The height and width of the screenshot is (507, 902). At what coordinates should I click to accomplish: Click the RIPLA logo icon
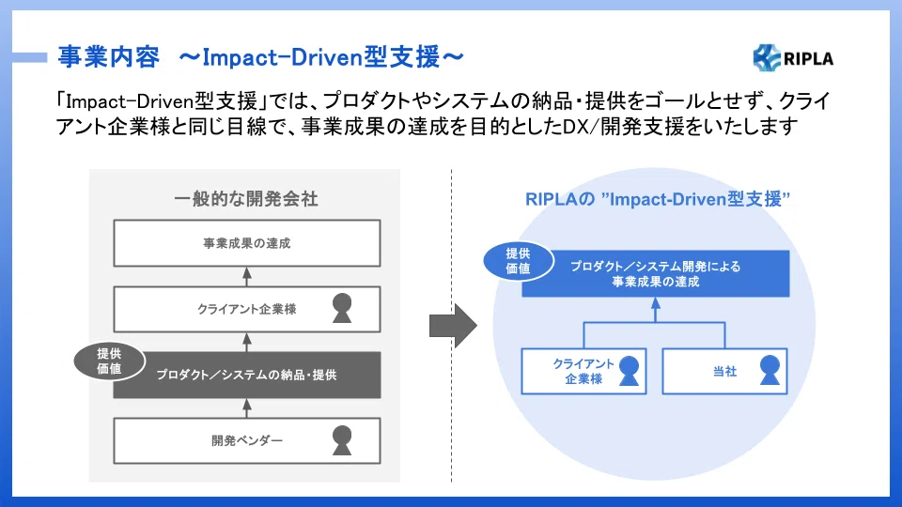point(767,57)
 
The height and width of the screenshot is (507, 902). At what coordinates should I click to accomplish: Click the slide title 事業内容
point(108,57)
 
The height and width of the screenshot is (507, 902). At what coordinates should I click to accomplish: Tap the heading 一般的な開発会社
point(245,199)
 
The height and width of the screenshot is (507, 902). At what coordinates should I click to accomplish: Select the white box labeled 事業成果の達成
point(247,243)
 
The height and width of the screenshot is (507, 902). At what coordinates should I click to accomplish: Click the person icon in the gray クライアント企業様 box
point(342,308)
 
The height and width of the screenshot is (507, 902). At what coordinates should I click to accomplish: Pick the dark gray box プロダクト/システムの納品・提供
point(247,375)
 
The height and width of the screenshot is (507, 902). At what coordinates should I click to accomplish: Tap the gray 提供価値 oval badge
point(109,361)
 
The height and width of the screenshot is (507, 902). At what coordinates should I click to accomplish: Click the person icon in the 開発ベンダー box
point(342,440)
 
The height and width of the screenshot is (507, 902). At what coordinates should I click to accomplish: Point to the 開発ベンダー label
point(247,441)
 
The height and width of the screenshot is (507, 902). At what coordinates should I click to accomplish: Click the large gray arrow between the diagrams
point(453,326)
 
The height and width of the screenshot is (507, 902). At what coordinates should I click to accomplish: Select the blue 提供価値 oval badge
point(519,261)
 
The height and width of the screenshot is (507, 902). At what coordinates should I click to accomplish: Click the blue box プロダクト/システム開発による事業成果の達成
point(655,273)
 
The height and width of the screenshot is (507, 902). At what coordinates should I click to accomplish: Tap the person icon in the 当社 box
point(770,370)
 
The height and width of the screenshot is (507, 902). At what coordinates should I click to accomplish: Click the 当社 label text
point(724,372)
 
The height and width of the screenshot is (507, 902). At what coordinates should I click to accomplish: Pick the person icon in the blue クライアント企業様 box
point(629,370)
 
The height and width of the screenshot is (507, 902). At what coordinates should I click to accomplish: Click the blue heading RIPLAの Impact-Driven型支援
point(657,199)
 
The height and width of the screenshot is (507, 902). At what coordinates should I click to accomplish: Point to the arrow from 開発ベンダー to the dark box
point(247,408)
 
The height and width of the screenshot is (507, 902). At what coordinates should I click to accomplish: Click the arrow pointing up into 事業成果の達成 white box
point(247,276)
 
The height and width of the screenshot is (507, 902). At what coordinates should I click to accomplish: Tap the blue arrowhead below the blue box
point(655,302)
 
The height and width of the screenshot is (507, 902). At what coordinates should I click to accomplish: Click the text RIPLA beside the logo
point(808,58)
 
